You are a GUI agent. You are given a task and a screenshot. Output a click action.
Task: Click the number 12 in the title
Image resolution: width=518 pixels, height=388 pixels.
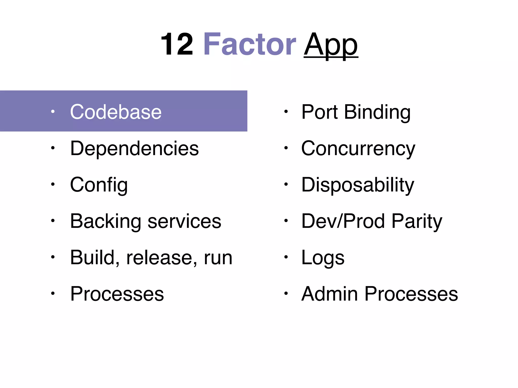(x=177, y=45)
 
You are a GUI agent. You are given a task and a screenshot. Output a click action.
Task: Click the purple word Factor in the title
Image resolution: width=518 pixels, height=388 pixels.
(x=249, y=45)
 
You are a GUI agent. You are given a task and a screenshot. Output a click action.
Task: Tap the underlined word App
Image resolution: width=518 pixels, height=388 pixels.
(x=331, y=45)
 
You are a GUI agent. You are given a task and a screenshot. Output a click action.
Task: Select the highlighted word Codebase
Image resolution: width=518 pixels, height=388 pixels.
(x=116, y=112)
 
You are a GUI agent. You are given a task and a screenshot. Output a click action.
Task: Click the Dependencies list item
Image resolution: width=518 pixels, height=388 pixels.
(x=134, y=148)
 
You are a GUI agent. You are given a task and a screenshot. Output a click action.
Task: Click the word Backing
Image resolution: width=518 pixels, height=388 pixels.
(x=105, y=221)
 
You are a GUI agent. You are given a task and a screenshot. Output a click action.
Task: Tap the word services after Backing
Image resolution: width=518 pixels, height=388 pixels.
(x=184, y=221)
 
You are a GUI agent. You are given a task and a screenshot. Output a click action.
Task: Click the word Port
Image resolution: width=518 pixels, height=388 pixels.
(x=319, y=112)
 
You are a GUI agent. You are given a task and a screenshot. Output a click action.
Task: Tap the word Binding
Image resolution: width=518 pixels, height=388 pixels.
(x=377, y=112)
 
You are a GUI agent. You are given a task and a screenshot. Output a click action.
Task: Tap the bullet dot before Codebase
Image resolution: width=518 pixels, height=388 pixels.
(x=53, y=111)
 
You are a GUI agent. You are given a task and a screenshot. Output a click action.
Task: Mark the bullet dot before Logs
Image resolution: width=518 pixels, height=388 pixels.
(x=286, y=257)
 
